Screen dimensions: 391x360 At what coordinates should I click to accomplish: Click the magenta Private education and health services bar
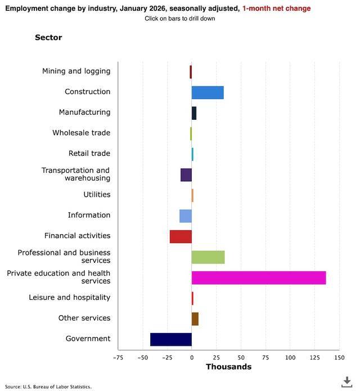[259, 277]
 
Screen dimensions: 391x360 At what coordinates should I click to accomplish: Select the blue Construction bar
[208, 92]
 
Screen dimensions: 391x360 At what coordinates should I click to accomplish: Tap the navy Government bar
[171, 339]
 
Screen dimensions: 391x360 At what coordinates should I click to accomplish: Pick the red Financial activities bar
[181, 236]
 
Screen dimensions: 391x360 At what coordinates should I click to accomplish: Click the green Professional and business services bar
[208, 257]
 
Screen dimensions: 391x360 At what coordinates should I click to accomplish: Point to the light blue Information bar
[186, 215]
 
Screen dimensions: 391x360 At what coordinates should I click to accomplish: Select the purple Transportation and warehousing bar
[186, 174]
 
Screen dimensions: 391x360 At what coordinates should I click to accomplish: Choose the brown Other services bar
[195, 318]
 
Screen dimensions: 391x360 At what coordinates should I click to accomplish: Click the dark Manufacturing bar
[194, 113]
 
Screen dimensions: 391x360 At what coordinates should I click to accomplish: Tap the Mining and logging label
[76, 71]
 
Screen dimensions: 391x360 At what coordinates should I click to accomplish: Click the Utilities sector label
[97, 195]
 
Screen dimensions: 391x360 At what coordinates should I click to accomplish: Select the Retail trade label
[89, 154]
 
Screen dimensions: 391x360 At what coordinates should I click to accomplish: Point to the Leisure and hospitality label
[70, 298]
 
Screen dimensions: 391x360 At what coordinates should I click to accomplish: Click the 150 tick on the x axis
[339, 357]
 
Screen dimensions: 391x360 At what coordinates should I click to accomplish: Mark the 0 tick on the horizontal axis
[192, 357]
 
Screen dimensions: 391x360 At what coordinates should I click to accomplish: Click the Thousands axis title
[228, 367]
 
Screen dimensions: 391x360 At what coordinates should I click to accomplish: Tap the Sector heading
[48, 38]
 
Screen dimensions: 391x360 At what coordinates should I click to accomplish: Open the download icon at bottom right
[347, 381]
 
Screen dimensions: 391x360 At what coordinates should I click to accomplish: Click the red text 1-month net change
[276, 9]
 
